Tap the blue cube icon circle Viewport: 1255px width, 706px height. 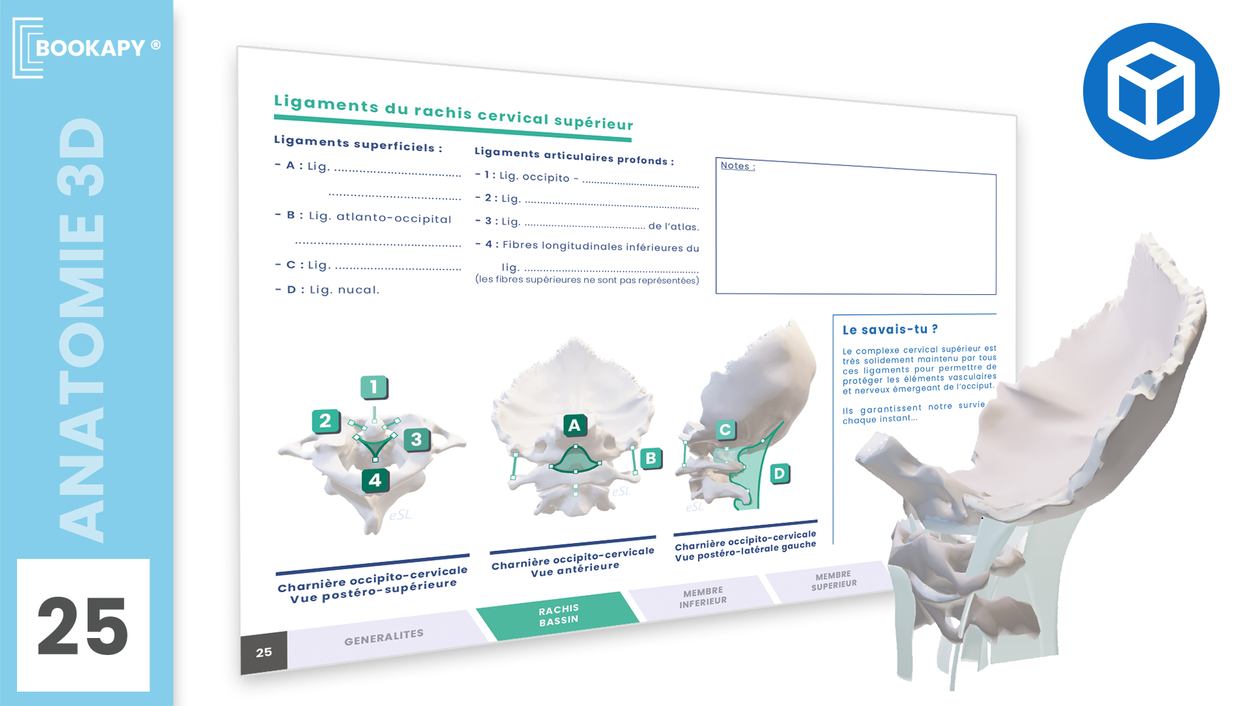pos(1151,91)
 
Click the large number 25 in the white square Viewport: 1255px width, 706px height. pos(83,626)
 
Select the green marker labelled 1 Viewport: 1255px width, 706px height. pos(374,387)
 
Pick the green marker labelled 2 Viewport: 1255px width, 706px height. pos(326,421)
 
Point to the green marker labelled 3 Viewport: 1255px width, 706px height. pos(416,439)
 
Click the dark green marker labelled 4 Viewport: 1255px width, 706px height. pos(375,480)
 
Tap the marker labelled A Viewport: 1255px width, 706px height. pos(575,426)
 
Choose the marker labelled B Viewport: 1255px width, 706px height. pos(651,458)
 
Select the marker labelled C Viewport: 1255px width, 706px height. pos(725,429)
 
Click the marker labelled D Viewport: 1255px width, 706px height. pos(779,473)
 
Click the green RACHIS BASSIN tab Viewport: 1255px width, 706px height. pos(558,615)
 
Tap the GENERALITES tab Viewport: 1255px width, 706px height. pos(384,637)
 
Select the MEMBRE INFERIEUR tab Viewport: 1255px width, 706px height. pos(703,597)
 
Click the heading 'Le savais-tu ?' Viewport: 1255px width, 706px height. pos(890,329)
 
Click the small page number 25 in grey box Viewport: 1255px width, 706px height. pos(264,652)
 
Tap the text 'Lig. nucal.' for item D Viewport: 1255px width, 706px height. pos(344,290)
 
